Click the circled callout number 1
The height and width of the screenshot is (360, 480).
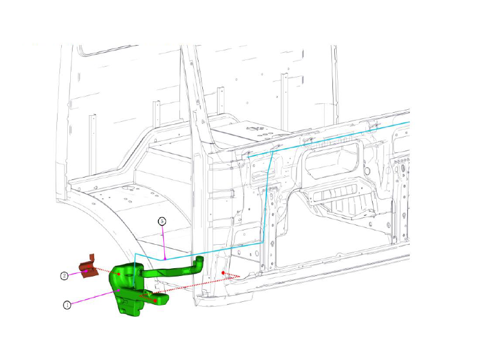point(67,304)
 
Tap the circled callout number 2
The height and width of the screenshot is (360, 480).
point(64,276)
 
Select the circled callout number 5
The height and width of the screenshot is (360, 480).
point(161,221)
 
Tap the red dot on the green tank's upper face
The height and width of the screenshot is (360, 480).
point(119,274)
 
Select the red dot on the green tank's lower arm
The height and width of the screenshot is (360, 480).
point(155,299)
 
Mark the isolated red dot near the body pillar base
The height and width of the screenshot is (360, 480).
point(223,272)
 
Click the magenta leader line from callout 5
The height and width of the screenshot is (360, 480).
point(164,240)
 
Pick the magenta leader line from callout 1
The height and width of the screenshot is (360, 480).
point(96,296)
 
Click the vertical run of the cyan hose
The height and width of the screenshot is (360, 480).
point(265,198)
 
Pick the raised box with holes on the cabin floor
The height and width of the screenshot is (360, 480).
point(255,130)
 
